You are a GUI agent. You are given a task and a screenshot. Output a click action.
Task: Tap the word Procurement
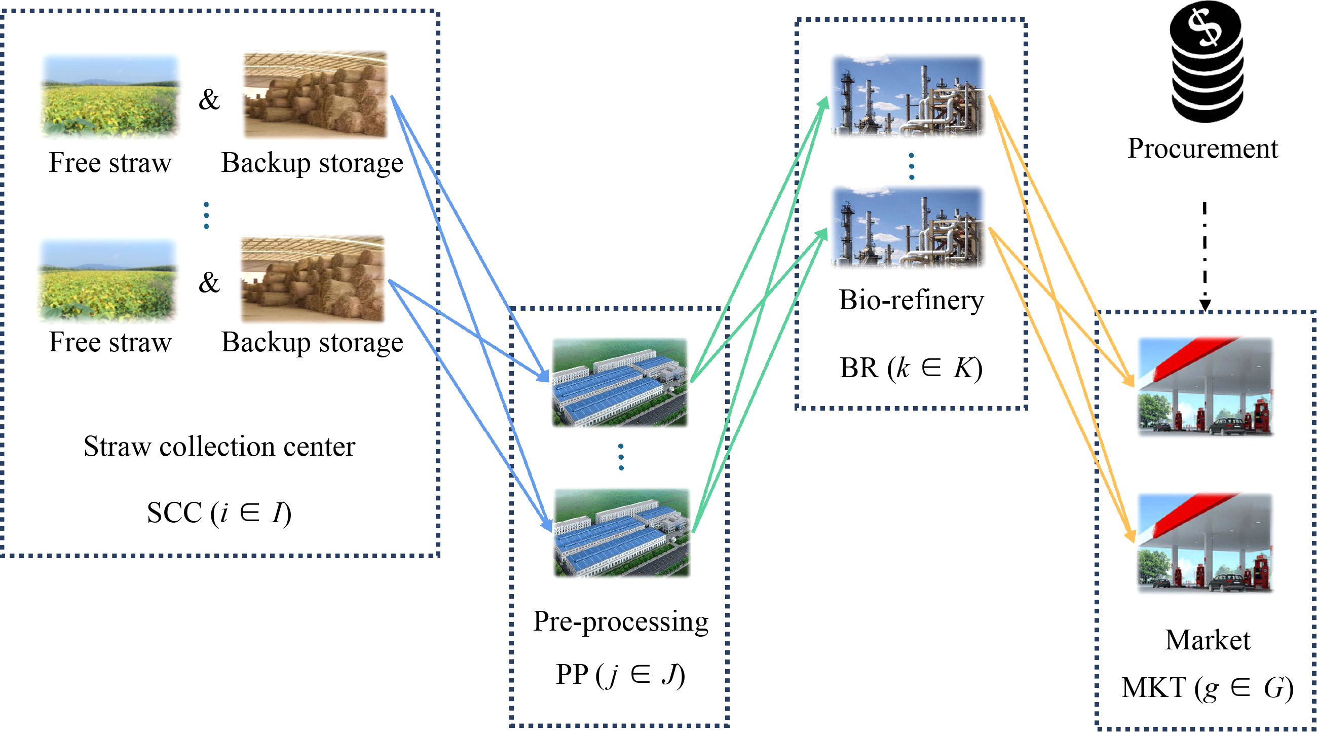point(1202,149)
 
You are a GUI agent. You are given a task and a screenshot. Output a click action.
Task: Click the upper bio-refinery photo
point(908,96)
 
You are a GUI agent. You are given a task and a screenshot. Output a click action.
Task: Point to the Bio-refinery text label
point(911,300)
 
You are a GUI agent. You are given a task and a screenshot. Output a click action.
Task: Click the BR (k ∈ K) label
point(911,368)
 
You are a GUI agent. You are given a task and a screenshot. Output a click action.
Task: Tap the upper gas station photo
point(1206,386)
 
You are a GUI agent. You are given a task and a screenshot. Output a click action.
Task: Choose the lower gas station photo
point(1206,542)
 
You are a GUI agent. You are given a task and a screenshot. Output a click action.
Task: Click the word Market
point(1208,639)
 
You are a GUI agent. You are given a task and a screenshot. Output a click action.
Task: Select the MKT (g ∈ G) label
point(1208,687)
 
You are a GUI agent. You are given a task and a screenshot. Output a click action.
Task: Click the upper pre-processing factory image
point(620,382)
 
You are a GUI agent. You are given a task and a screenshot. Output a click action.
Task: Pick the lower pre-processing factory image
point(622,533)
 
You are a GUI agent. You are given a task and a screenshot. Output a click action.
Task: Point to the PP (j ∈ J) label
point(621,674)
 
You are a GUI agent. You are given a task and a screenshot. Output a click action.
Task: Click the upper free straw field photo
point(110,96)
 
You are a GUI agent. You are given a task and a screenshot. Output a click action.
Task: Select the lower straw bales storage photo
point(313,279)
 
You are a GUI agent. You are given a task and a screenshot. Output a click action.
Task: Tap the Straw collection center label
point(219,446)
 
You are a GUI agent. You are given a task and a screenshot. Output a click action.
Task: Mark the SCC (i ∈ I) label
point(219,512)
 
